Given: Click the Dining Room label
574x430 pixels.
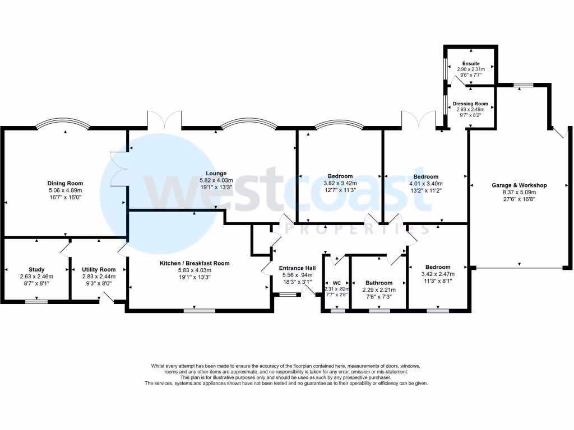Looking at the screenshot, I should [66, 183].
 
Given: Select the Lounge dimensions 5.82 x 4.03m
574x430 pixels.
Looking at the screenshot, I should [216, 180].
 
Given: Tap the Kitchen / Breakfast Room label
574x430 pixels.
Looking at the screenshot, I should [200, 263].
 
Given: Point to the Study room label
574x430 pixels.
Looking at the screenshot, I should [36, 269].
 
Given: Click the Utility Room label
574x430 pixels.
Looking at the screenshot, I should [99, 269].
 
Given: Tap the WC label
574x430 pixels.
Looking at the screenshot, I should [336, 283].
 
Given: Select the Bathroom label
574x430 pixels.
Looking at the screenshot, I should [379, 283].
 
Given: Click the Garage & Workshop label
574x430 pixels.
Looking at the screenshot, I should [519, 185].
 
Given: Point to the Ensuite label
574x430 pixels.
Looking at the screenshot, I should [471, 63].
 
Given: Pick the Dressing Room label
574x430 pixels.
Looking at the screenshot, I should [470, 104].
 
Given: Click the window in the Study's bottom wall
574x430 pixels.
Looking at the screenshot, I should [36, 302].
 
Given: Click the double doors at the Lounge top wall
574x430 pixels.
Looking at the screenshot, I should [164, 119].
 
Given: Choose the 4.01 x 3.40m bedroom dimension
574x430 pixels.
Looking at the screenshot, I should [425, 183].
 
